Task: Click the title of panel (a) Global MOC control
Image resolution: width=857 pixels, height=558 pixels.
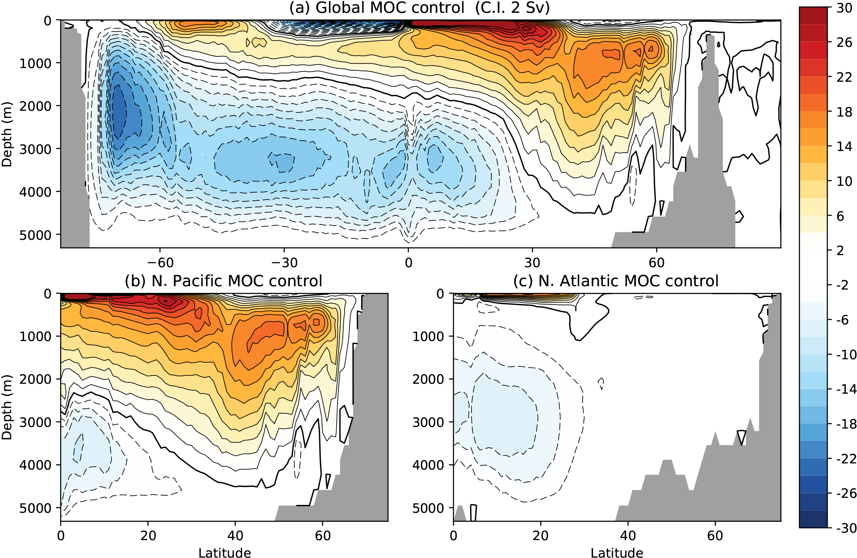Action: tap(419, 8)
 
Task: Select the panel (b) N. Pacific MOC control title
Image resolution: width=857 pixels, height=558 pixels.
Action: tap(223, 281)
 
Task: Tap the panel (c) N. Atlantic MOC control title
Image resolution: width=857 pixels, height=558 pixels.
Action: tap(616, 281)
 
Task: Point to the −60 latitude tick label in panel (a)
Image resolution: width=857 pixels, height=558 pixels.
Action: tap(160, 262)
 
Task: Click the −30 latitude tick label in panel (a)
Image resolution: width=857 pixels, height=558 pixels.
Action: tap(284, 262)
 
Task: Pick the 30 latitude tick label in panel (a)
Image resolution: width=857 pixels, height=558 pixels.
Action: tap(532, 262)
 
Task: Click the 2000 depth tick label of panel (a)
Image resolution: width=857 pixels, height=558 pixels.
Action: tap(35, 106)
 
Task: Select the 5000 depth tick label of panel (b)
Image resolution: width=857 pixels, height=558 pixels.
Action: tap(35, 508)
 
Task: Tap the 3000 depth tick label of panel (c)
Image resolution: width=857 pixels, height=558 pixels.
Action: tap(428, 422)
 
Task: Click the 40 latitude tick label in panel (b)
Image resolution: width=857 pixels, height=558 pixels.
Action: tap(235, 536)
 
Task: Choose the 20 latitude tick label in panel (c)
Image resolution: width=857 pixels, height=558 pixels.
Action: tap(541, 536)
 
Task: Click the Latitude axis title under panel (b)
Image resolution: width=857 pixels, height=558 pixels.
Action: tap(224, 553)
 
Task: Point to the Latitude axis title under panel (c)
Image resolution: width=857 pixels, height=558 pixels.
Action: tap(617, 553)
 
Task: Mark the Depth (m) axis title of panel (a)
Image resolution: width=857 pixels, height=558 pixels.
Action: tap(7, 134)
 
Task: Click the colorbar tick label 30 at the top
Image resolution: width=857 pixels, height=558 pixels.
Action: tap(844, 8)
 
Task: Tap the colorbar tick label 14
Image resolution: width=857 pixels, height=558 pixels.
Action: tap(844, 146)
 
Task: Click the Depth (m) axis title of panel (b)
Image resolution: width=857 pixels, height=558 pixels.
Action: tap(7, 407)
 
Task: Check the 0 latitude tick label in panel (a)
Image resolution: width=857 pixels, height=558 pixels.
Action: tap(408, 262)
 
